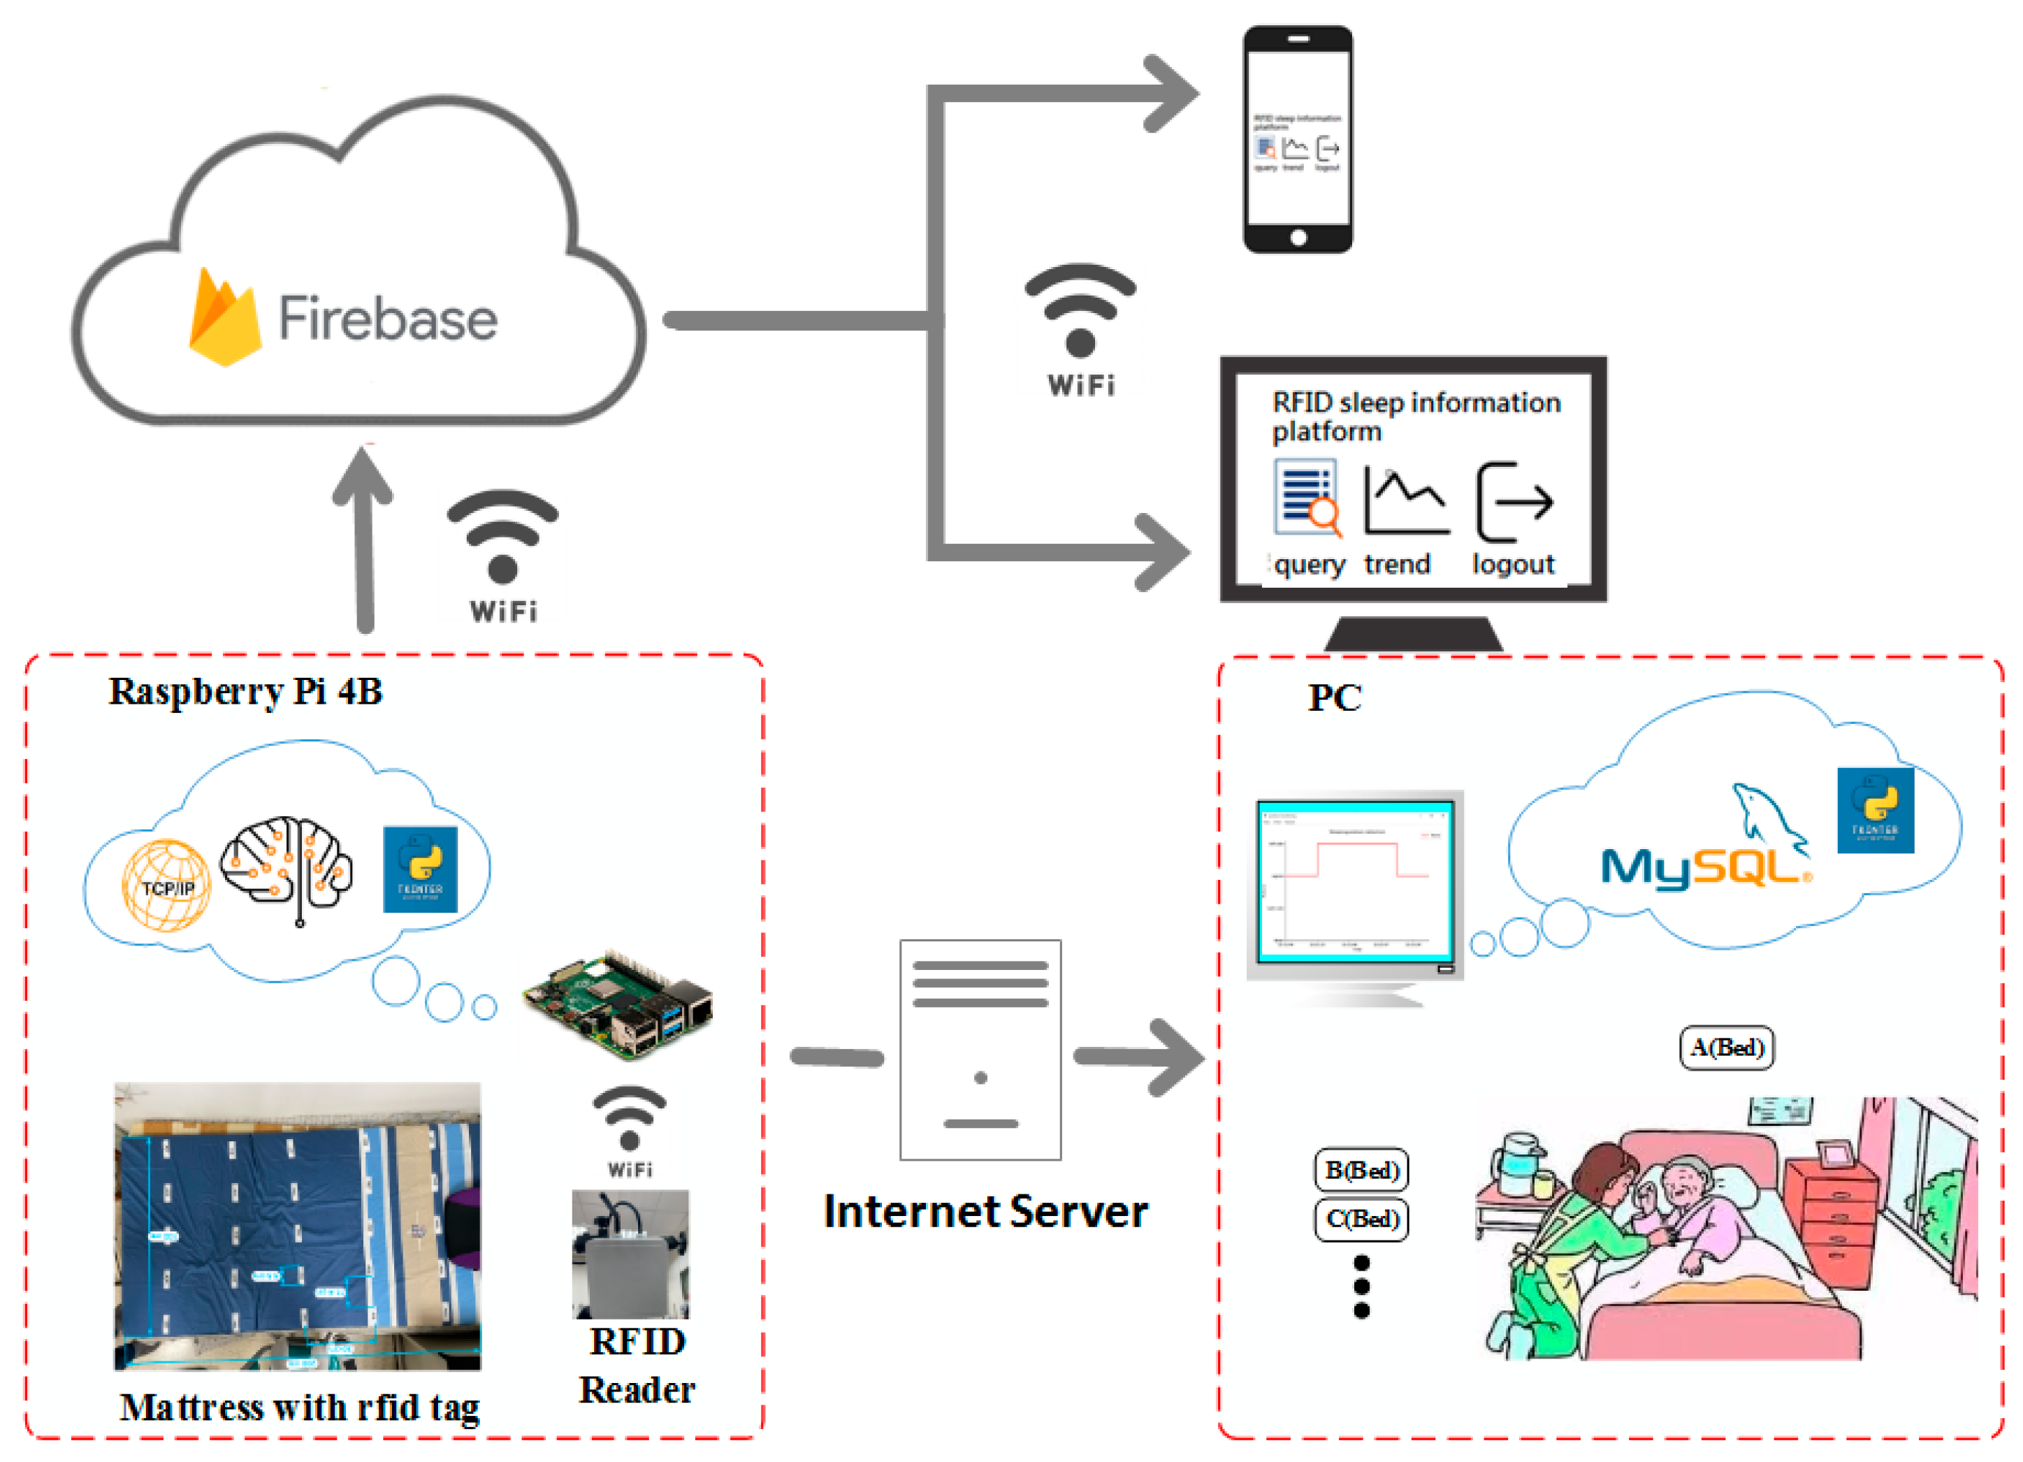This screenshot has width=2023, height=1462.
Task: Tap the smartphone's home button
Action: pyautogui.click(x=1298, y=238)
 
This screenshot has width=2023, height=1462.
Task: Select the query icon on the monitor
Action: pyautogui.click(x=1307, y=498)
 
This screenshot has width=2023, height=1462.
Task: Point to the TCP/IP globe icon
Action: pyautogui.click(x=167, y=885)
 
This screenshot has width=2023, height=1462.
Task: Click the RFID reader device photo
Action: pyautogui.click(x=630, y=1253)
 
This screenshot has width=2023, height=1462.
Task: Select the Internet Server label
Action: pyautogui.click(x=985, y=1211)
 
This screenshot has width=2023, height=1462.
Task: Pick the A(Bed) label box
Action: pyautogui.click(x=1727, y=1047)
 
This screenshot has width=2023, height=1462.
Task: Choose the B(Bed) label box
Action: pyautogui.click(x=1361, y=1169)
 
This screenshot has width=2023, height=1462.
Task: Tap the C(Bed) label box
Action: pyautogui.click(x=1361, y=1219)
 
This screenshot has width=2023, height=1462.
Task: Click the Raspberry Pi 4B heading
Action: pyautogui.click(x=245, y=691)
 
